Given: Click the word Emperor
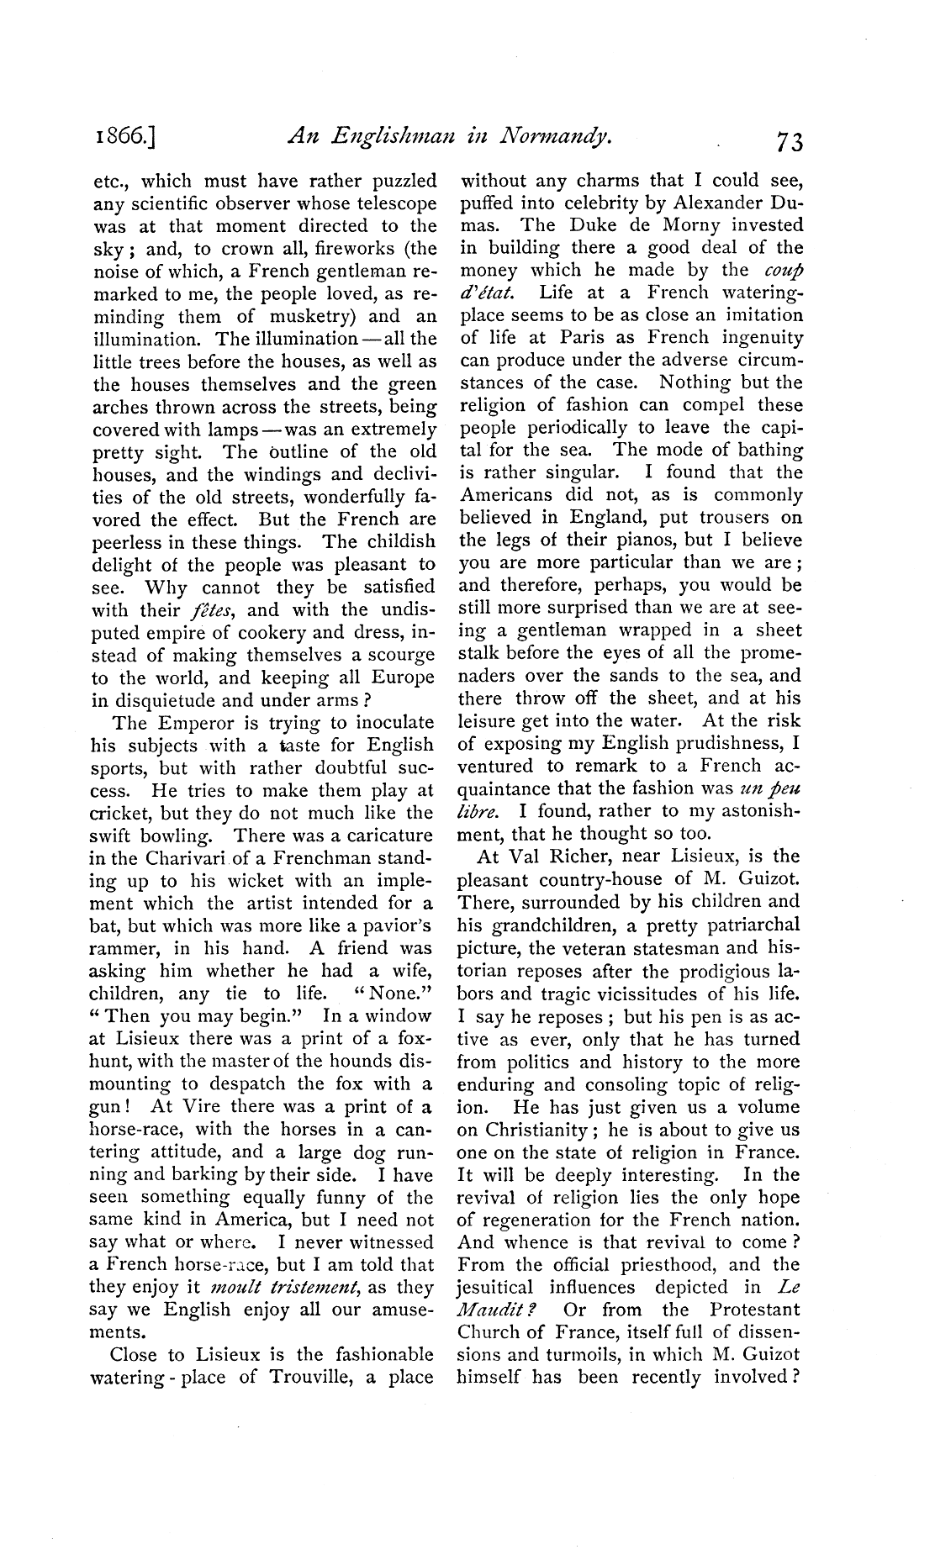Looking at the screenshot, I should [x=188, y=723].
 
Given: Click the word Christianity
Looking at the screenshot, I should [x=535, y=1130].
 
